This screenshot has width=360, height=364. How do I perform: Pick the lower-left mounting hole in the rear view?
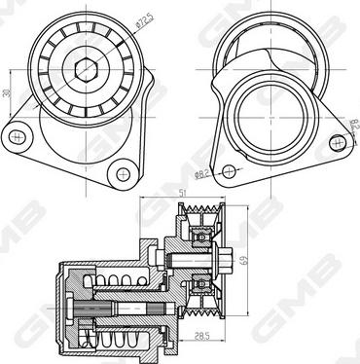(229, 171)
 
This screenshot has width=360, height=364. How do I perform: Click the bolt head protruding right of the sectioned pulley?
(228, 258)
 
